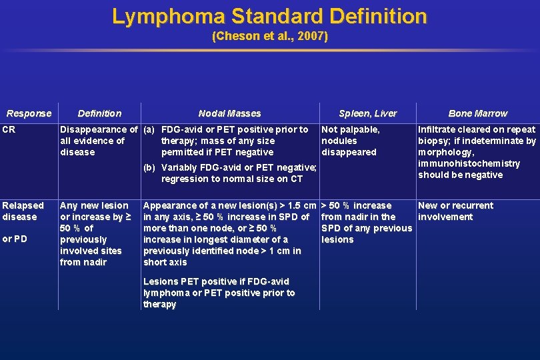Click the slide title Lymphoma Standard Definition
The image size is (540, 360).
[x=269, y=16]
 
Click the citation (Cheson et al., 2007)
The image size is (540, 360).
[x=269, y=36]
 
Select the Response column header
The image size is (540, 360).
[x=29, y=113]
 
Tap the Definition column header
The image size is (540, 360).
[x=99, y=113]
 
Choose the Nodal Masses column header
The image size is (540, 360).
[x=229, y=113]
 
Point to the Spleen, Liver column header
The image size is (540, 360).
[x=367, y=113]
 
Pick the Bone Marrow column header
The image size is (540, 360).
[x=477, y=113]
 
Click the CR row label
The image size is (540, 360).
[x=9, y=129]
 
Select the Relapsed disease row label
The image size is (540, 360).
[x=23, y=211]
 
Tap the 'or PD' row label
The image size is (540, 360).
[x=15, y=239]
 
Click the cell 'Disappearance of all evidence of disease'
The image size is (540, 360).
[x=99, y=141]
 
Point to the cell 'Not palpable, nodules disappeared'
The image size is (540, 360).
[x=351, y=141]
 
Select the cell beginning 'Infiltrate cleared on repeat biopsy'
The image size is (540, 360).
[x=477, y=152]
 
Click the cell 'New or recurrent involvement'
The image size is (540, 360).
[x=455, y=211]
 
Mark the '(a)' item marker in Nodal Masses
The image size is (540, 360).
[x=149, y=129]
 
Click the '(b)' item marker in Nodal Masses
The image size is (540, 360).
[x=149, y=167]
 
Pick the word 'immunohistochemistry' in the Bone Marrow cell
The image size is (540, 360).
[x=469, y=163]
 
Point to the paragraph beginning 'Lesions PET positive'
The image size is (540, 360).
[x=219, y=293]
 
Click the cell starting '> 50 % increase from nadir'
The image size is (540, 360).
[x=367, y=222]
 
